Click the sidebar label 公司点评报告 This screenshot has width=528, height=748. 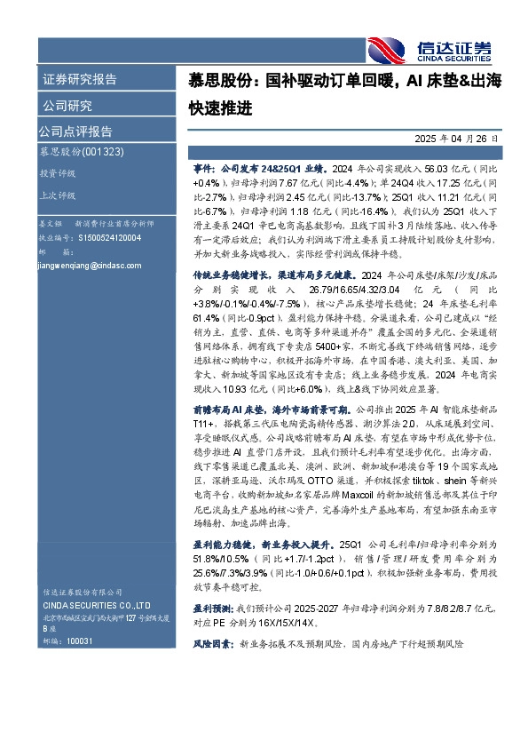point(75,131)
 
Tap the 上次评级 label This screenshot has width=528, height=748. point(57,195)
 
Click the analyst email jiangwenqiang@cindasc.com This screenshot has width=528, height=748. point(84,265)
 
